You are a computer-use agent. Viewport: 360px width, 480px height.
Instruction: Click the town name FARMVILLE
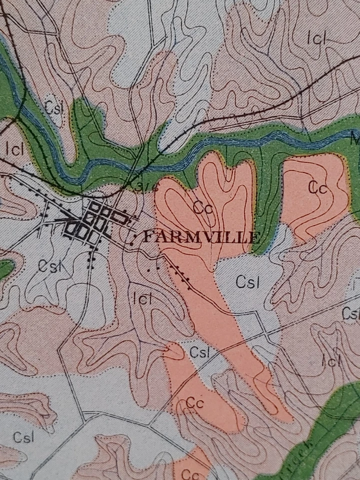pos(201,236)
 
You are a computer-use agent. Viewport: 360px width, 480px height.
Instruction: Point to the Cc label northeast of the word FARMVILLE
pos(317,188)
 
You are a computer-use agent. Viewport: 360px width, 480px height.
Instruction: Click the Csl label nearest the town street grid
pos(49,266)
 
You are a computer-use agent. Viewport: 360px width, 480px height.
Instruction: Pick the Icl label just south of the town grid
pos(142,299)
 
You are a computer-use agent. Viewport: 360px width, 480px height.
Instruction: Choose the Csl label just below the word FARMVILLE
pos(247,282)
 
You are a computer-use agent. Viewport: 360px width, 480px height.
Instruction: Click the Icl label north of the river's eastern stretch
pos(316,38)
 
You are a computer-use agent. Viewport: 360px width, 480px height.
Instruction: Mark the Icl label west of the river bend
pos(15,149)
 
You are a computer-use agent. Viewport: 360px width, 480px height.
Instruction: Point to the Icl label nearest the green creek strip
pos(331,359)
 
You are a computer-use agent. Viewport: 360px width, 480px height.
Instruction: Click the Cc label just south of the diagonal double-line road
pos(195,403)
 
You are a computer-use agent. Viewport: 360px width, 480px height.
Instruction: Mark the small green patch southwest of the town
pos(5,269)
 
